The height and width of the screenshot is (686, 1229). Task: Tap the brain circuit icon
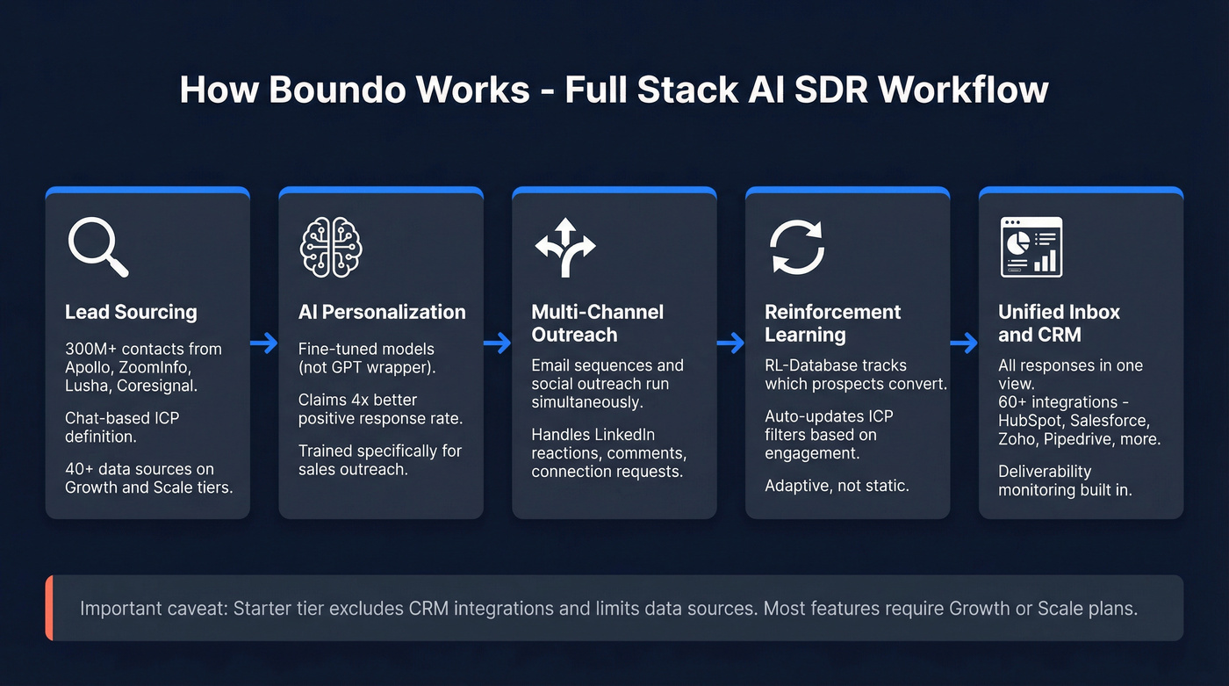(x=331, y=247)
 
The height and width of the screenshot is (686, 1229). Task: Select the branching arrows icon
(x=564, y=247)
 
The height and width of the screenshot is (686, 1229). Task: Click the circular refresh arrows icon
(x=797, y=247)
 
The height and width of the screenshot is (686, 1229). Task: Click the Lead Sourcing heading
(x=131, y=312)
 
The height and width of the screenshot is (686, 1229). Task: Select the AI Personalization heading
(x=382, y=312)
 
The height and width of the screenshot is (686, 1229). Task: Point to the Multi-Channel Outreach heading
(x=598, y=323)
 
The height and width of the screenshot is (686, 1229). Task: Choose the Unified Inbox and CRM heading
(x=1059, y=323)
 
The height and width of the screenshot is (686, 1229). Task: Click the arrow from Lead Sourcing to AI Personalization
(x=264, y=343)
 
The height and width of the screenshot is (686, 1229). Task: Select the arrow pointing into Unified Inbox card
(x=964, y=343)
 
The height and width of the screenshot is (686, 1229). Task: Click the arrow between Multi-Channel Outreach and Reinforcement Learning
(x=730, y=343)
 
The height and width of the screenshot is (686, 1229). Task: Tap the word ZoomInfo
(x=153, y=366)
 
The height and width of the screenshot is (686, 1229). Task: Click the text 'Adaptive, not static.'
(x=837, y=485)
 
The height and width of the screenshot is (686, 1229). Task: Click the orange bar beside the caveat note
(x=49, y=608)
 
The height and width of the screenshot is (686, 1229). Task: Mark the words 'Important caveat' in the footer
(x=153, y=608)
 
